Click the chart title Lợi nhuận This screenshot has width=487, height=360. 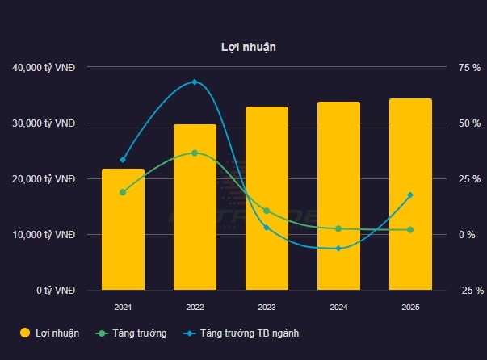pos(249,47)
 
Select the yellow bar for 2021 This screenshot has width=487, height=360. pos(123,230)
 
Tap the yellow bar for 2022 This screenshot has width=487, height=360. pos(195,207)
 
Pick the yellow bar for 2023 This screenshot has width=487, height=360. pos(267,199)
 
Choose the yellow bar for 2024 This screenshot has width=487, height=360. pos(338,196)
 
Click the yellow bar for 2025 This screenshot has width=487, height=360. pos(410,195)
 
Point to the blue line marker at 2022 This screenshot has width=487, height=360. pos(195,82)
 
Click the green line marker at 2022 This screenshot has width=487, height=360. pos(195,153)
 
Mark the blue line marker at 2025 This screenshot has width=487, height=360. pos(410,195)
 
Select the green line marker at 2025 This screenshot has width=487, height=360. pos(410,230)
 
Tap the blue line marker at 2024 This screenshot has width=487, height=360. pos(338,248)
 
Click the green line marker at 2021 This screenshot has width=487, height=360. pos(123,192)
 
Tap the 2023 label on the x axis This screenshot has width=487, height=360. pos(267,308)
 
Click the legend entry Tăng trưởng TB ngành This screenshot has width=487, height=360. pos(250,333)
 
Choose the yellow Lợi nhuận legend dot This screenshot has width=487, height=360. pos(25,333)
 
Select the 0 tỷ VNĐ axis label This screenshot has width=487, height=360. pos(56,291)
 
